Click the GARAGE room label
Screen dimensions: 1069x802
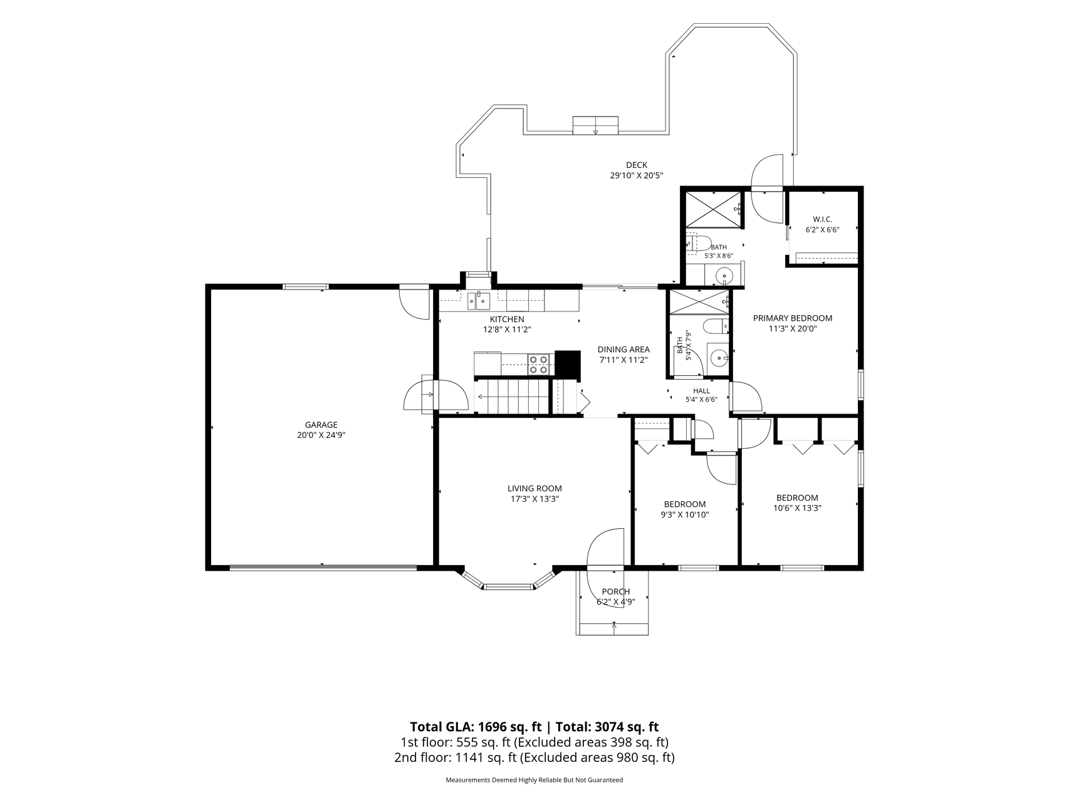tap(321, 425)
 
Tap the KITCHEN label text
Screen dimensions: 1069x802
tap(507, 320)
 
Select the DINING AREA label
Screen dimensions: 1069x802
tap(623, 350)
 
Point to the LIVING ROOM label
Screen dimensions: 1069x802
tap(534, 489)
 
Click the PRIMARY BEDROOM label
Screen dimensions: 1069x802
tap(793, 318)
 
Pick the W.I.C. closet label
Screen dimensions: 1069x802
tap(822, 219)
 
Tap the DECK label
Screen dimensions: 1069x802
tap(637, 165)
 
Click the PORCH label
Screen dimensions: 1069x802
tap(615, 592)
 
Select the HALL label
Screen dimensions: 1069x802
tap(702, 391)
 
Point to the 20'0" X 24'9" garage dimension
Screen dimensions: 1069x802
tap(321, 435)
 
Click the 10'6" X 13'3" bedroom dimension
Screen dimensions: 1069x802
tap(797, 508)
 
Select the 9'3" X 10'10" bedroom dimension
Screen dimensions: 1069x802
tap(685, 514)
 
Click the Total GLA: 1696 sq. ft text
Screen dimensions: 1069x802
tap(476, 727)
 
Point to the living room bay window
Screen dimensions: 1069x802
tap(508, 580)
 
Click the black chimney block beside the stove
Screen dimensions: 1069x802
tap(568, 362)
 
